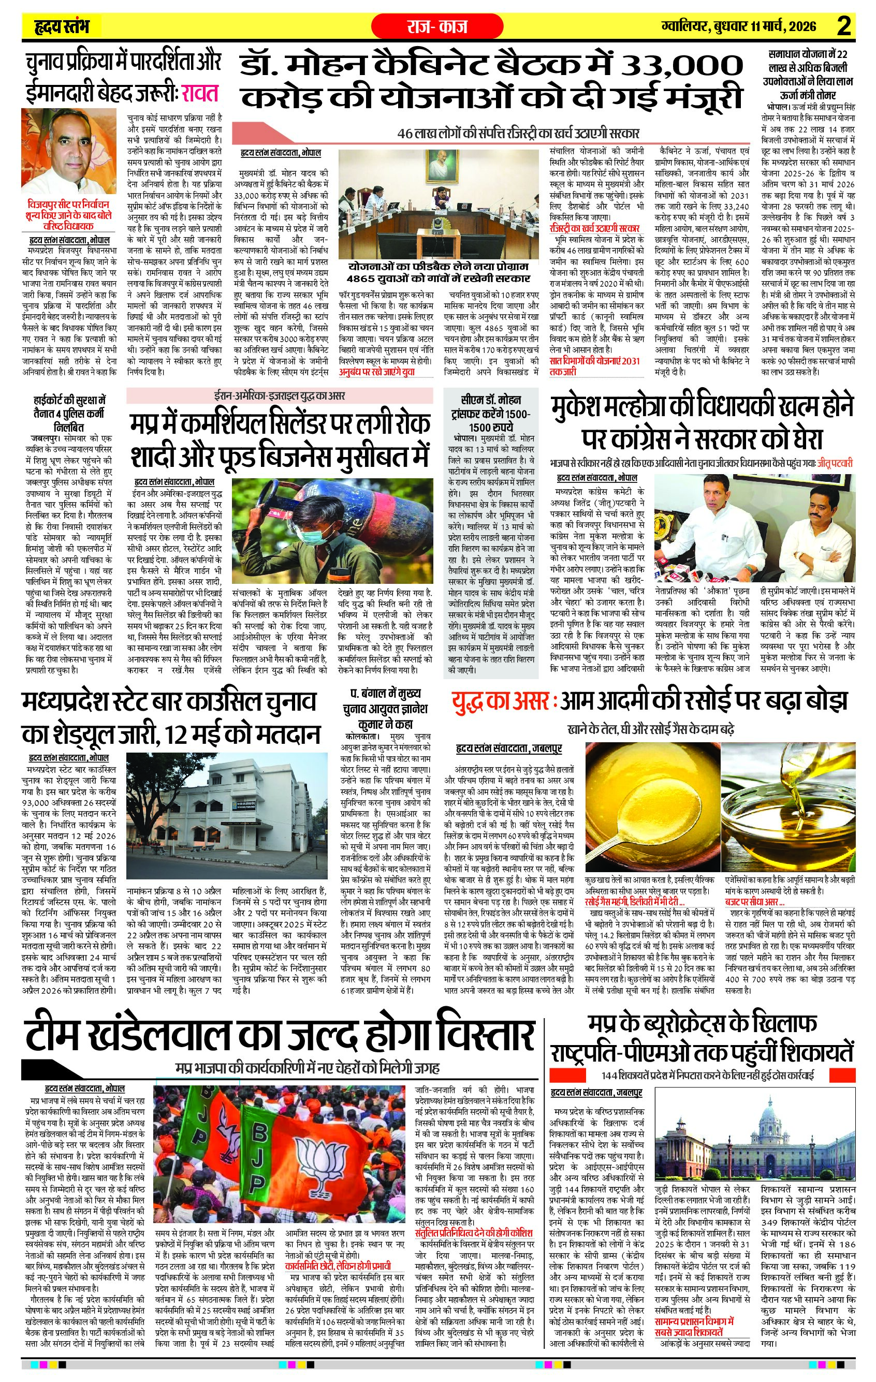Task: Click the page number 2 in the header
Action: coord(843,26)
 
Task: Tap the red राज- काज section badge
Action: coord(437,26)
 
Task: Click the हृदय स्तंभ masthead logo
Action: coord(62,26)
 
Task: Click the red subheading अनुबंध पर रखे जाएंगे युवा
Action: coord(376,371)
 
